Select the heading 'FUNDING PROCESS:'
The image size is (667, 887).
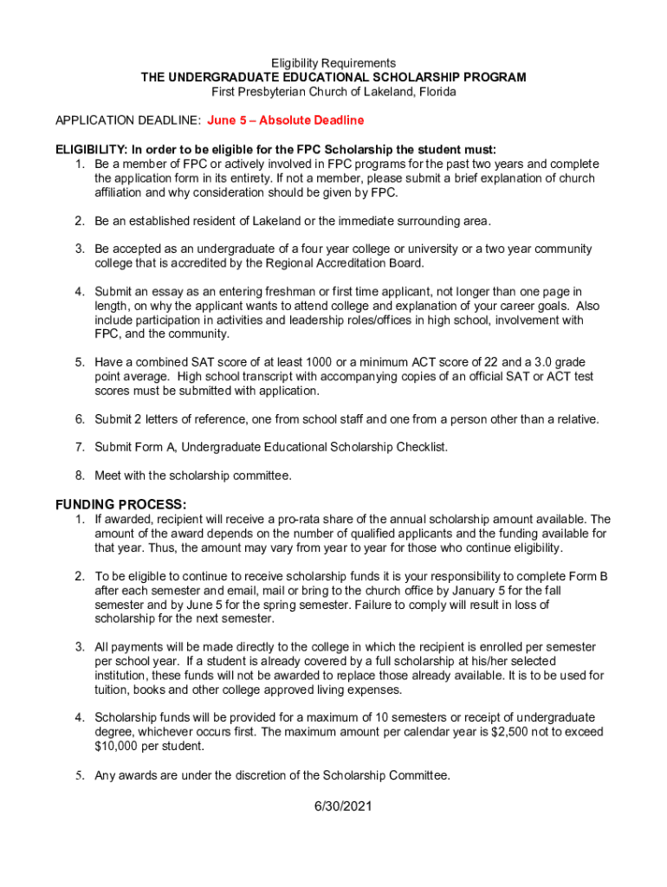coord(120,504)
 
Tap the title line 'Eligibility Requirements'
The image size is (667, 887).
coord(333,63)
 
